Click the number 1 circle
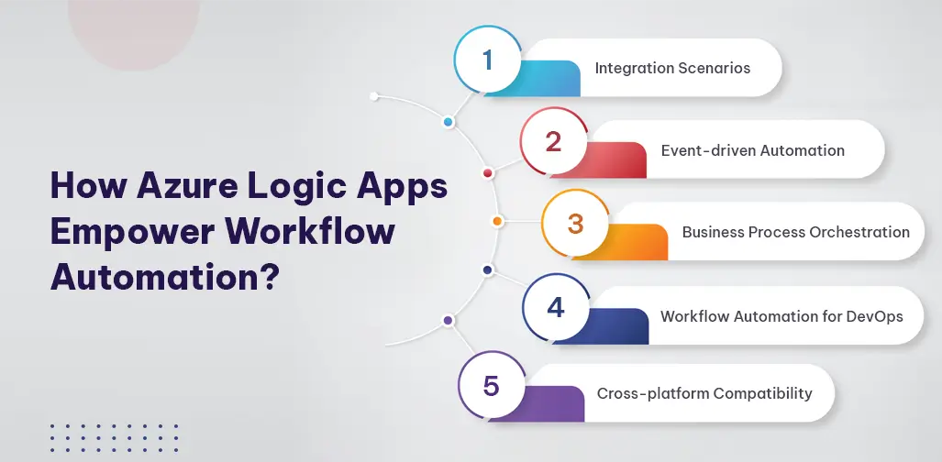488,60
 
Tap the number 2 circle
553,142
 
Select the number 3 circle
575,223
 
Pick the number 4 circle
556,306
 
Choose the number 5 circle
491,386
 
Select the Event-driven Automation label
752,149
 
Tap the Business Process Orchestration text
795,232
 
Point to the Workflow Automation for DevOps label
781,316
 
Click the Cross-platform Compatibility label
704,393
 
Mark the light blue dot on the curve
448,122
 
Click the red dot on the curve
487,172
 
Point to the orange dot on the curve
497,221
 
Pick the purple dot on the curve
448,321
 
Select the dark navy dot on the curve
487,270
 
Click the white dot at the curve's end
373,95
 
